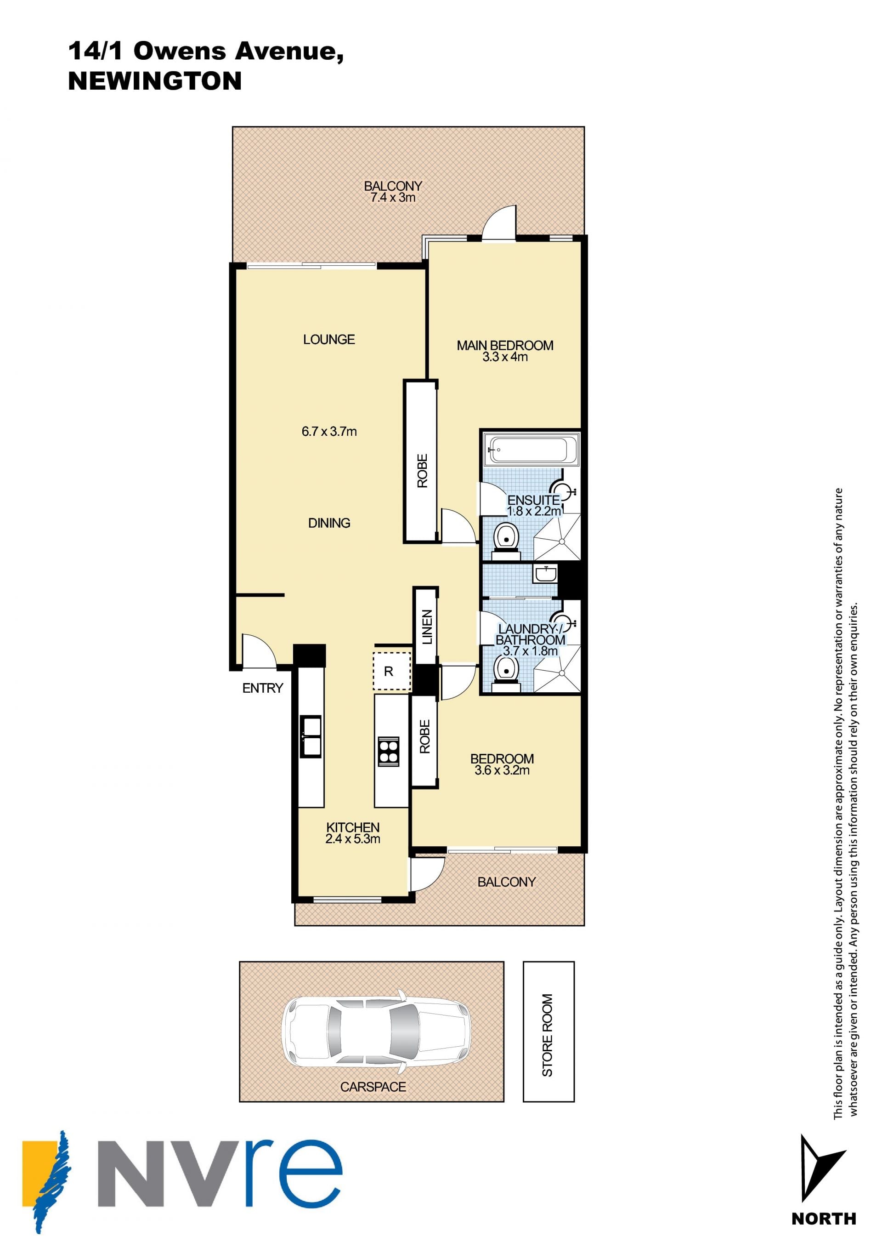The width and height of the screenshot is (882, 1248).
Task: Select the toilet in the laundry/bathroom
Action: pyautogui.click(x=507, y=673)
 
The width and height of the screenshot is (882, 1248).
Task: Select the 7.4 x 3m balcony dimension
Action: pyautogui.click(x=393, y=198)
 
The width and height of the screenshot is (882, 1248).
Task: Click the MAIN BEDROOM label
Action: pyautogui.click(x=505, y=345)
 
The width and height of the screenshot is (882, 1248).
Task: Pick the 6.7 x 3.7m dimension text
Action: pyautogui.click(x=329, y=432)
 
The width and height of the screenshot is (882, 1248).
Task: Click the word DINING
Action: pyautogui.click(x=329, y=523)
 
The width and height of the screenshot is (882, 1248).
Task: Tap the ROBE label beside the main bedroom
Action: pyautogui.click(x=423, y=471)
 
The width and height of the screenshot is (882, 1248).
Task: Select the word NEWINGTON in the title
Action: pyautogui.click(x=155, y=81)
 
